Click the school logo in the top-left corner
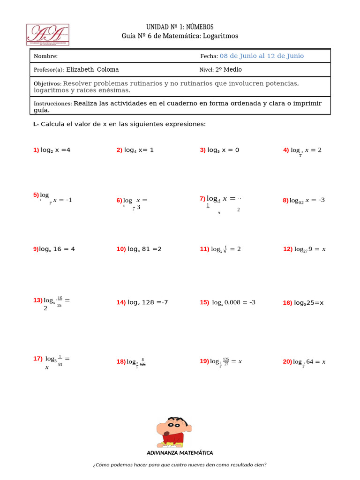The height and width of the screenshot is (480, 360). pos(48,35)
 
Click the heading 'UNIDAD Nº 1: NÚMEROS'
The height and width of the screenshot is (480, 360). pos(180,27)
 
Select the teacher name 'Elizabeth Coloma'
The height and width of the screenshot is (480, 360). pos(92,70)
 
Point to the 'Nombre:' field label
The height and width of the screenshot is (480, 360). pos(45,56)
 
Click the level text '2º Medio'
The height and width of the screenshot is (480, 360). pos(228,70)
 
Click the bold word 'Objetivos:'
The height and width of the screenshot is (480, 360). pos(47,83)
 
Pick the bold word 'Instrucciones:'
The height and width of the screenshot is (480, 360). pos(52,104)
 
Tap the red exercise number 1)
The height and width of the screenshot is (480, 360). pos(36,150)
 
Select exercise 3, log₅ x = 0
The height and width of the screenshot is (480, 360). pos(219,150)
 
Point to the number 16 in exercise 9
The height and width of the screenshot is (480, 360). pos(58,249)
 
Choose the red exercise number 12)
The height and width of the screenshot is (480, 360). pos(288,249)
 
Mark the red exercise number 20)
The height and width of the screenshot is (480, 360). pos(287,361)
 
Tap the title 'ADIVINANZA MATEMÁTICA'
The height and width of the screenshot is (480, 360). pos(180,453)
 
